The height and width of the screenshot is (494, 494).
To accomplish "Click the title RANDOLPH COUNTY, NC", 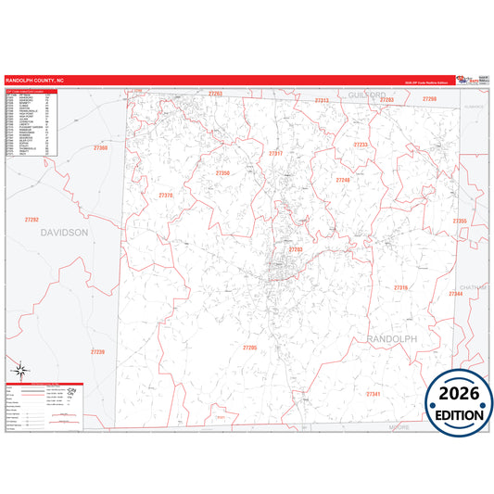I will pos(34,81).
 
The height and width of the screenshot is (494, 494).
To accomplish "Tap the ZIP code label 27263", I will pos(215,94).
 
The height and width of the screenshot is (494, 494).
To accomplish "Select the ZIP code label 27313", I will pos(322,100).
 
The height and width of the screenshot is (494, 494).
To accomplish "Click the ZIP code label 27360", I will pos(101,147).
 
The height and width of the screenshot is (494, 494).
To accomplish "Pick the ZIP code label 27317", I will pos(275,153).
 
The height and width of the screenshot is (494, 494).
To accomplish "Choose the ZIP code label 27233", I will pos(361,146).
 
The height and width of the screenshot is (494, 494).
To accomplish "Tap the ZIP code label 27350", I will pos(222,173).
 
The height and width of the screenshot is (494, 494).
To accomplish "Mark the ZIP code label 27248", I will pos(343,180).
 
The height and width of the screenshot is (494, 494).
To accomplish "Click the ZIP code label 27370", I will pos(166,196).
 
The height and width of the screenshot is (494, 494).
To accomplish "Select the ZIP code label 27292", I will pos(32,220).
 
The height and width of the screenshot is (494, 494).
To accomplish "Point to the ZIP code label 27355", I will pos(459,222).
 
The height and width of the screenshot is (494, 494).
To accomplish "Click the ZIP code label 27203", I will pos(296,249).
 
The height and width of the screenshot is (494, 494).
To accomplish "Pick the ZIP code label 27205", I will pos(249,347).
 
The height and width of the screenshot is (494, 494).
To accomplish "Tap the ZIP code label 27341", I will pos(374,394).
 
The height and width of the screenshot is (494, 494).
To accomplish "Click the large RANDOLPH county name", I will pos(393,340).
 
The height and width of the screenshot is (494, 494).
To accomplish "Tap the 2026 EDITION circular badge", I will pos(459,399).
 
